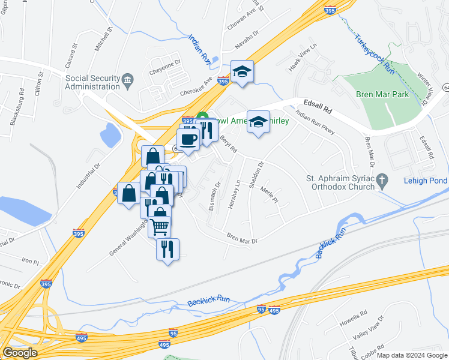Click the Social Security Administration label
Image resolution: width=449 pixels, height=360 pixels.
(x=92, y=82)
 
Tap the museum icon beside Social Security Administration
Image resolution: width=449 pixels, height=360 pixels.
(x=127, y=80)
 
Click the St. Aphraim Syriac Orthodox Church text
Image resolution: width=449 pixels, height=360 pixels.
(x=340, y=182)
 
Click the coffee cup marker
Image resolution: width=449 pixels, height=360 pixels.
(x=188, y=139)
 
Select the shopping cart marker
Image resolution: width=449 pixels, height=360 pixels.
(x=160, y=226)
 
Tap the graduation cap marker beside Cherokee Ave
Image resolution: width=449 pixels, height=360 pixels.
(x=241, y=71)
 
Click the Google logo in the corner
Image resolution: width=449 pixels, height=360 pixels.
(x=20, y=353)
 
